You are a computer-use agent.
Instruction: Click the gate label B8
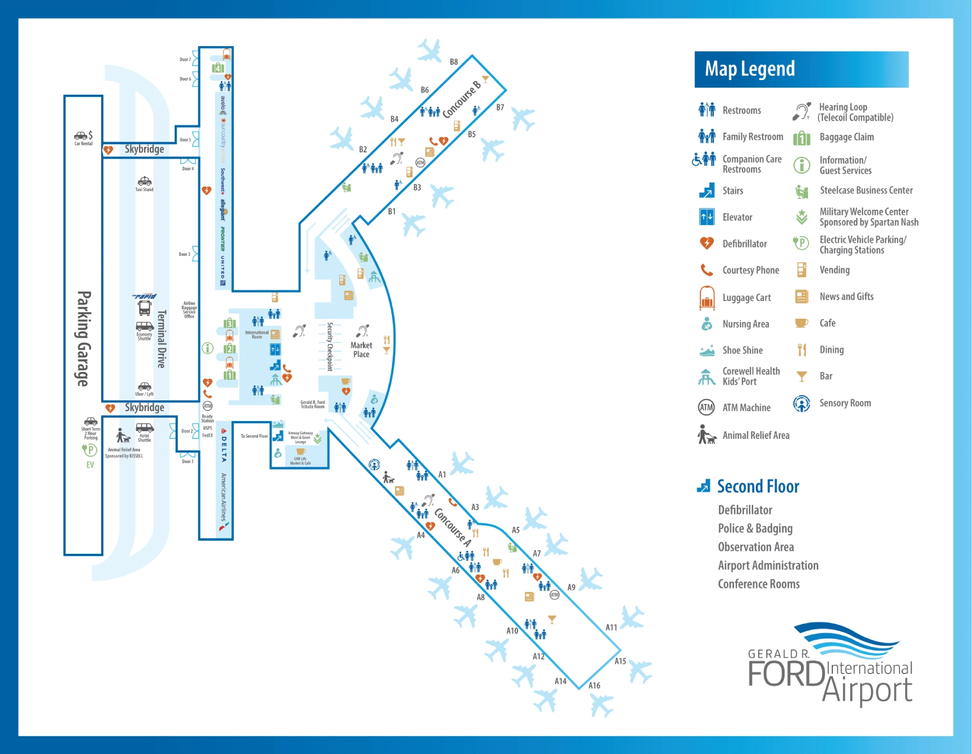coord(454,62)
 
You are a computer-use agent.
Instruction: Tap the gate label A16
coord(594,686)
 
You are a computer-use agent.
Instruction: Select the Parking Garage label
coord(84,338)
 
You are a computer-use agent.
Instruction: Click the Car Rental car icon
coord(81,135)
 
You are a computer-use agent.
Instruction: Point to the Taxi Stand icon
coord(144,181)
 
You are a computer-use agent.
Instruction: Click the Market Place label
coord(361,350)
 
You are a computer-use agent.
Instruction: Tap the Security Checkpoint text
coord(330,347)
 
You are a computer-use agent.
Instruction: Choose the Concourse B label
coord(461,99)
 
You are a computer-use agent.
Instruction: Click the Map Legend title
coord(750,69)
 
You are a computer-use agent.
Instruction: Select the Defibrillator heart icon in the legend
coord(706,243)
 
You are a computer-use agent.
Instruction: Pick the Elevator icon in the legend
coord(706,217)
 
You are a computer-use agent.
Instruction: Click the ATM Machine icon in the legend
coord(706,407)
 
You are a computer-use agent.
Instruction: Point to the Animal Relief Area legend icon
coord(706,435)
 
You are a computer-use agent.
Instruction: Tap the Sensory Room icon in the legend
coord(801,403)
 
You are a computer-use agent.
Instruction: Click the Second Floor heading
coord(758,486)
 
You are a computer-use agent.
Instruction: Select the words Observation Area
coord(756,547)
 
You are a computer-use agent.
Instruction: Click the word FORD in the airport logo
coord(786,674)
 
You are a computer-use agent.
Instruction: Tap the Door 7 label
coord(185,59)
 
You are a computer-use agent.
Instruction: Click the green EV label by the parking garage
coord(90,465)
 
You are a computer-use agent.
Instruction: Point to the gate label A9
coord(571,587)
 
